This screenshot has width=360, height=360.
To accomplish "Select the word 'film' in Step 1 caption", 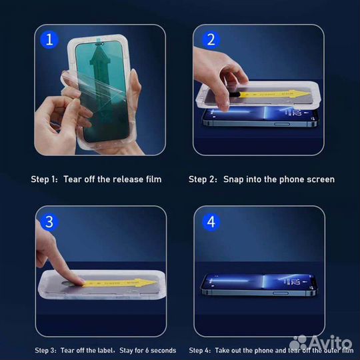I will click(x=153, y=179).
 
